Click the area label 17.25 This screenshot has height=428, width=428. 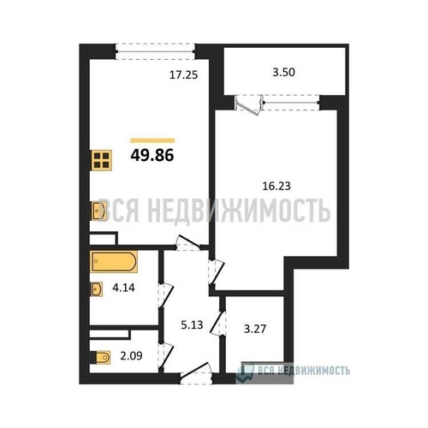[183, 75]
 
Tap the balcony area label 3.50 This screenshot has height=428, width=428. [283, 72]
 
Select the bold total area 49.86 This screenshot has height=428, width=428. [152, 156]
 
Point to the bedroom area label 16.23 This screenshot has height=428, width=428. [276, 186]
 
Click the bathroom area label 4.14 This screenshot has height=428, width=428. [123, 288]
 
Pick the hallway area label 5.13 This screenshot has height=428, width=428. [192, 324]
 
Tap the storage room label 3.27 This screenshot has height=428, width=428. [255, 329]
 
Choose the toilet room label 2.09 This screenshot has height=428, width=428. [131, 356]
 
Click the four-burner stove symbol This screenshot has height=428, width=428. [101, 160]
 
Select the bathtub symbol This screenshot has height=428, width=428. [114, 261]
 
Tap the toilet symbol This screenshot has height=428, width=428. [100, 357]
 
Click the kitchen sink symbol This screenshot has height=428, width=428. [98, 211]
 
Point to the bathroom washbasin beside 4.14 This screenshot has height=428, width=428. [96, 289]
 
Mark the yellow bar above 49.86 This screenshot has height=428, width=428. [152, 140]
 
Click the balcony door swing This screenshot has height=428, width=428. [248, 105]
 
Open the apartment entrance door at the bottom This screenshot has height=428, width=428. [197, 373]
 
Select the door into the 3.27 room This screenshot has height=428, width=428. [218, 323]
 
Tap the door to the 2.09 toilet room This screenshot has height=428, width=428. [166, 356]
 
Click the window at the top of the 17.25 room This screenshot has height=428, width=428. [156, 51]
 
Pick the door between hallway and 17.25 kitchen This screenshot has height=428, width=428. [188, 243]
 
